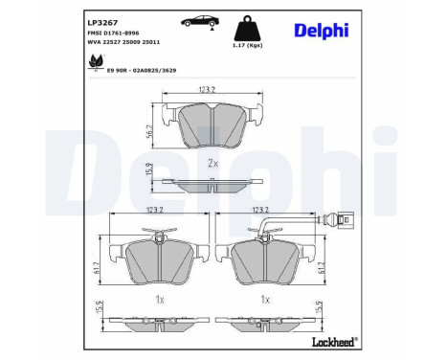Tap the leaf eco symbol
pos(96,63)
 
